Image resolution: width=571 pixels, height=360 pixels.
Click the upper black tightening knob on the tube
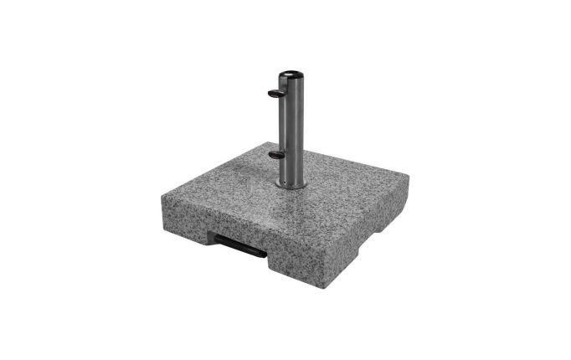(275, 93)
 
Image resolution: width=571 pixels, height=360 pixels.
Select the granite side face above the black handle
(218, 224)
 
